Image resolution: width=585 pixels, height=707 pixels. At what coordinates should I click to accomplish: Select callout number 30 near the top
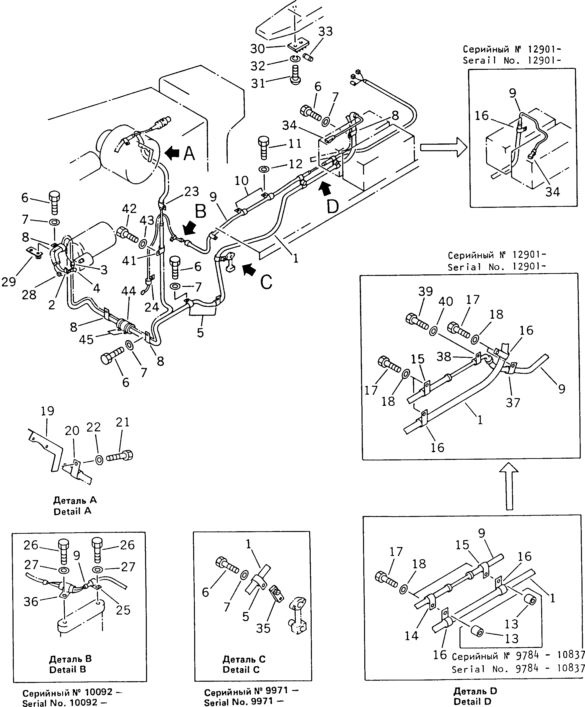(x=258, y=49)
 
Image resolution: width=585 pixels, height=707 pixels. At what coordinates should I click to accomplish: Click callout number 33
(x=325, y=31)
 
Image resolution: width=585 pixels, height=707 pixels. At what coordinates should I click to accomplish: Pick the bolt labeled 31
(x=295, y=76)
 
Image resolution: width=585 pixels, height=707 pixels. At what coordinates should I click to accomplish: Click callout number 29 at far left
(x=9, y=282)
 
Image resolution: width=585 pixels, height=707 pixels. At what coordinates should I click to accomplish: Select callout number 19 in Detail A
(x=47, y=411)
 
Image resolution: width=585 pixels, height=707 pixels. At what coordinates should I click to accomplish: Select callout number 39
(x=425, y=291)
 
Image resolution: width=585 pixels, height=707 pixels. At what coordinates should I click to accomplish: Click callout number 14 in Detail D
(x=411, y=636)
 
